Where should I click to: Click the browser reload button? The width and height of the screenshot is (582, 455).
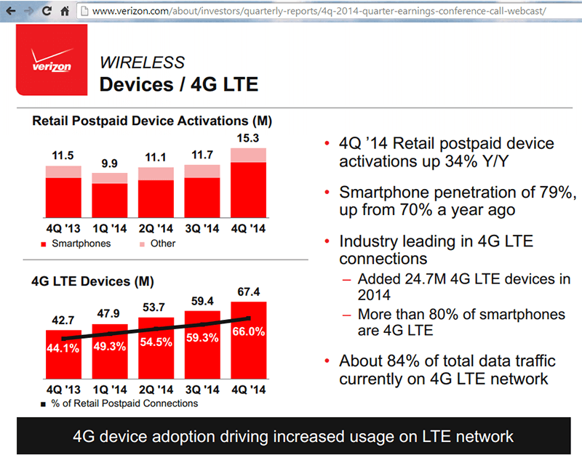tap(45, 12)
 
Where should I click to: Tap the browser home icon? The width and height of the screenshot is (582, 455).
tap(65, 12)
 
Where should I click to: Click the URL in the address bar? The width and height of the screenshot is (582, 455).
tap(320, 12)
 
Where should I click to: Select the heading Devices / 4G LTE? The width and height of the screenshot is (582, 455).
tap(178, 84)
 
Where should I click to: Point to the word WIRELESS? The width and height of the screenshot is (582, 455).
tap(142, 63)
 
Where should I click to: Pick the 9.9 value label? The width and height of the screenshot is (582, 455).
tap(109, 163)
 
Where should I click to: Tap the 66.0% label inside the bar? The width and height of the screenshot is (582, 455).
tap(249, 331)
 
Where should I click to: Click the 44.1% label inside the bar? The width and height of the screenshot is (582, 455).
tap(63, 347)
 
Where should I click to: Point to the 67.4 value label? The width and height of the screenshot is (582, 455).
tap(248, 291)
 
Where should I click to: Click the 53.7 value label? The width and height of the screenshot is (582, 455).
tap(156, 307)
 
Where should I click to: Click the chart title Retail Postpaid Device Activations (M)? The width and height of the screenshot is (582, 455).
tap(152, 121)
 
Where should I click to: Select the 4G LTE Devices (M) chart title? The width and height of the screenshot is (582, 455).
tap(93, 281)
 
